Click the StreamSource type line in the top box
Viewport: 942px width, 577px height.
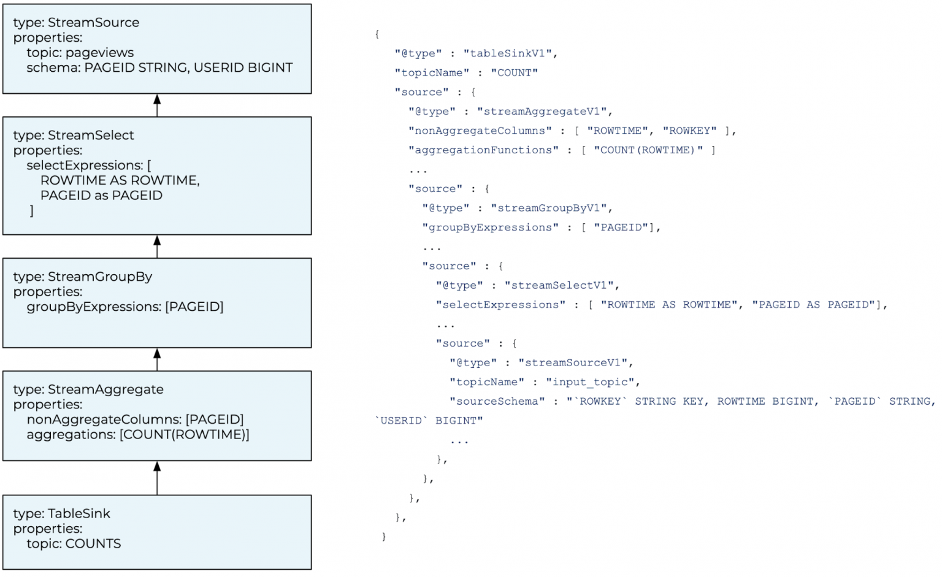[76, 23]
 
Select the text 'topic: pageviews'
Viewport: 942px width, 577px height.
[80, 53]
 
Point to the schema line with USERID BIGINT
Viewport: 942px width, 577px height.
[159, 67]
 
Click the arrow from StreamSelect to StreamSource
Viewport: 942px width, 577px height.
[157, 105]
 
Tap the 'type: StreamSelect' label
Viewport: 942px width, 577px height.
[74, 136]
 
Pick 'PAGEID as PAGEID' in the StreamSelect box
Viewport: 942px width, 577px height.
[101, 196]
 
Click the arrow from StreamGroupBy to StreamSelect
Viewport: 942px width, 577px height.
[157, 246]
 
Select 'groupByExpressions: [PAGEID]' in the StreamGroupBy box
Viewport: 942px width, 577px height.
[124, 307]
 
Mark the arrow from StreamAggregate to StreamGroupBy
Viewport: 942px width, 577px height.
[157, 359]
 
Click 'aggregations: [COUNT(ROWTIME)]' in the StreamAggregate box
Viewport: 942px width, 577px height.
[137, 435]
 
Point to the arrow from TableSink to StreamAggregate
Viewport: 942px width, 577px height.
[157, 478]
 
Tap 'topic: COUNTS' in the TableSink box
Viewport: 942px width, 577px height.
[74, 544]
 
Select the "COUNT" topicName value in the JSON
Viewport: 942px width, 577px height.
[514, 73]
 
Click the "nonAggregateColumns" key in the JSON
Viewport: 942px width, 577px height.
[480, 131]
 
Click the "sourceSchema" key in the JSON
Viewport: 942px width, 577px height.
[497, 401]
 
